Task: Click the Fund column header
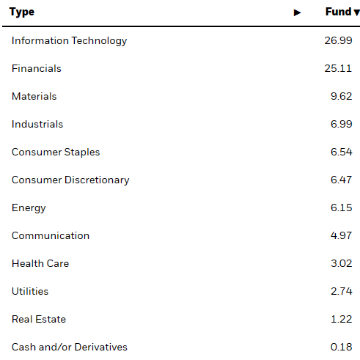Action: [x=338, y=12]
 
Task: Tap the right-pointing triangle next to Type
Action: [x=297, y=12]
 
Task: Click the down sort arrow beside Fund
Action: [x=356, y=12]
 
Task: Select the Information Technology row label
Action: [x=69, y=41]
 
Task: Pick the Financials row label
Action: [x=37, y=69]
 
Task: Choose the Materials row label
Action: [x=34, y=97]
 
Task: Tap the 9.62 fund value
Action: [x=342, y=97]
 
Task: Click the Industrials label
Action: [x=37, y=125]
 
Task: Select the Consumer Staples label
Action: [x=56, y=153]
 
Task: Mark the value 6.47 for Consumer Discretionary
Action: [x=342, y=180]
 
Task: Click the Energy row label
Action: [x=29, y=208]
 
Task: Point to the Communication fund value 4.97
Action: [x=342, y=236]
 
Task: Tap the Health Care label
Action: [x=40, y=264]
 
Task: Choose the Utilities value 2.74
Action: [x=342, y=292]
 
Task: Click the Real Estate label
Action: [x=39, y=320]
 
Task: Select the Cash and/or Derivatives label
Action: [x=70, y=348]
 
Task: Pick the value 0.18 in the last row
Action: [x=342, y=348]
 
